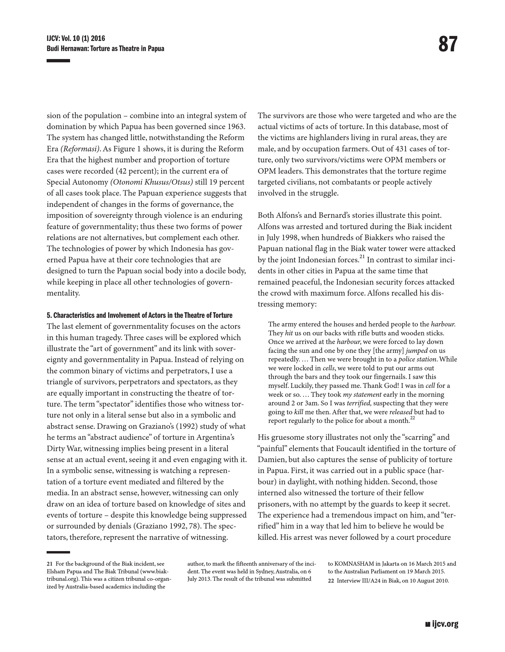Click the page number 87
pos(448,45)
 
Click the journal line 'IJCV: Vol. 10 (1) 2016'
pos(76,39)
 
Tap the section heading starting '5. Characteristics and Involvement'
pos(140,315)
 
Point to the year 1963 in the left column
pos(236,127)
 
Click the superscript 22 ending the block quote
pos(412,418)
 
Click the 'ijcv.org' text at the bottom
pos(445,624)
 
